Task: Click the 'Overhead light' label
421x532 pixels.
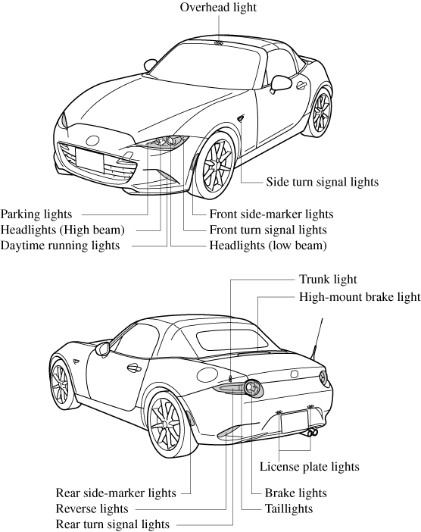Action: coord(218,7)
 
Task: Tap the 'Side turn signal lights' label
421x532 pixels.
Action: coord(322,182)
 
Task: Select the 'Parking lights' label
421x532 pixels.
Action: coord(36,214)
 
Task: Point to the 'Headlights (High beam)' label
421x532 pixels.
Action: coord(63,230)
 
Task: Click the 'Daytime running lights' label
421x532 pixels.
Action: coord(60,246)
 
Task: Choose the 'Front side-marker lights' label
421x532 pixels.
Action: coord(271,214)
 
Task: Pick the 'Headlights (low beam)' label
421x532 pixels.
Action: coord(268,246)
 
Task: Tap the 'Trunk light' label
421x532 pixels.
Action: coord(328,279)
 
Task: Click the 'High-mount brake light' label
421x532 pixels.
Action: coord(360,297)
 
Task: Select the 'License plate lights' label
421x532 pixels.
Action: coord(309,467)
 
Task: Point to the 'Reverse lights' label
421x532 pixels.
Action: coord(92,509)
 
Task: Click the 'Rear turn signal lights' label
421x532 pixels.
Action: coord(113,524)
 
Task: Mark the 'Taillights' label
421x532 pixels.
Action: coord(288,509)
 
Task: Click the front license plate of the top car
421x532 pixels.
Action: coord(89,160)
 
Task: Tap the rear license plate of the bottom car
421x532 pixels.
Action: coord(295,421)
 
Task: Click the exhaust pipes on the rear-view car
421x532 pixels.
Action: coord(312,432)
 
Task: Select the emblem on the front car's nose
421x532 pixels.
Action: coord(92,140)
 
